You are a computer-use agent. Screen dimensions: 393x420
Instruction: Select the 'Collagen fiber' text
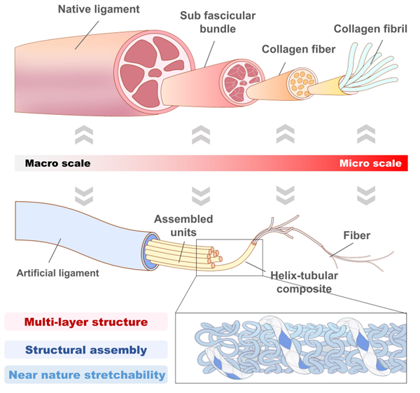pos(297,50)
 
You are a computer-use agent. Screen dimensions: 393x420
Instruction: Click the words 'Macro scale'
pos(57,164)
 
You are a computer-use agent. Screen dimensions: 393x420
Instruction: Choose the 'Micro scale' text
pos(370,164)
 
